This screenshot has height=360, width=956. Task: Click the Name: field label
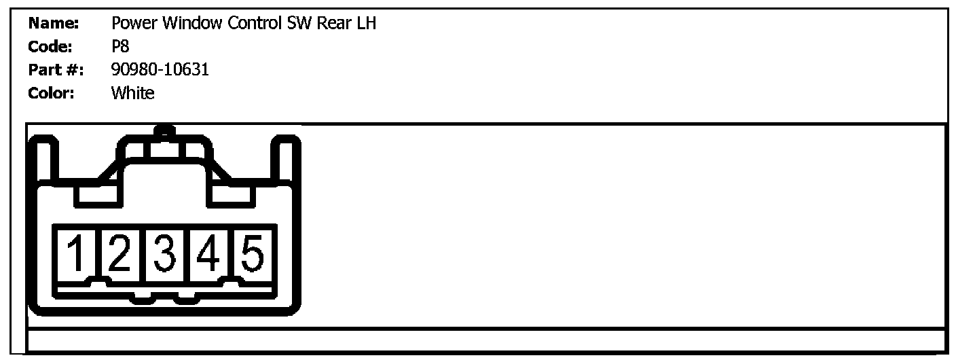[54, 24]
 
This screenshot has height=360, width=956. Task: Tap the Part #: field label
[55, 69]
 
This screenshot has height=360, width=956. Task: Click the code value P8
[120, 47]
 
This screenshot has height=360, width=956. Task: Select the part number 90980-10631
[160, 69]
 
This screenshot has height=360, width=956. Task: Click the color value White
[132, 92]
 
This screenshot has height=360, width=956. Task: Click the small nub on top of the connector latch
[163, 130]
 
